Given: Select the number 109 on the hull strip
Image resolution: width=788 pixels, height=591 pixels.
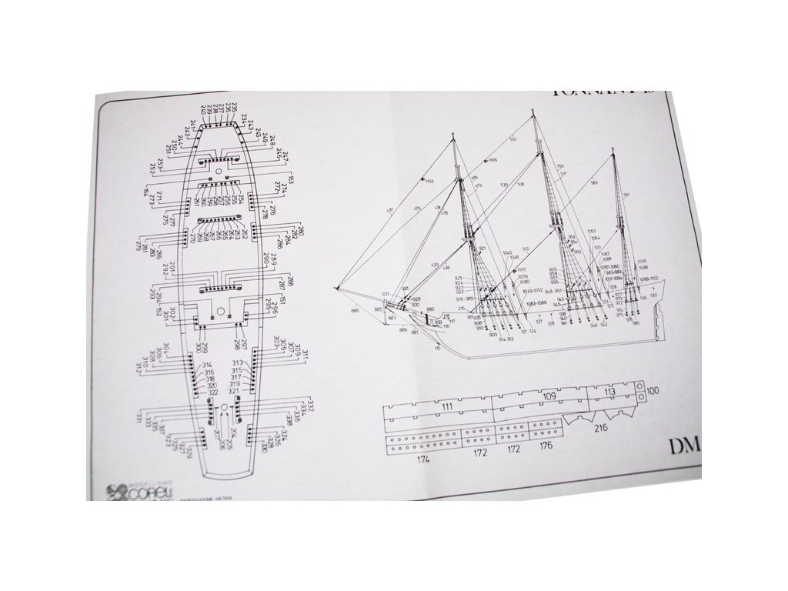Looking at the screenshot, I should coord(549,397).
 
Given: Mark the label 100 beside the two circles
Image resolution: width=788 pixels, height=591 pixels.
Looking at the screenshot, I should coord(653,391).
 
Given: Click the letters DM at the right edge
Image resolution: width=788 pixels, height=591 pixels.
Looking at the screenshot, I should coord(683,446).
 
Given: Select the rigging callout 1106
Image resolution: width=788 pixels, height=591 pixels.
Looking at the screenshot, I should coord(492,160).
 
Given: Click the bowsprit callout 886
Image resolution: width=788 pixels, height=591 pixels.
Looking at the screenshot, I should coord(355,310).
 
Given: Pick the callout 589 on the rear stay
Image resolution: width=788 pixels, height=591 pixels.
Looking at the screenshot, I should coord(594,182).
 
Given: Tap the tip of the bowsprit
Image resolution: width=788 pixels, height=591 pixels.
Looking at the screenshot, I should coord(337,288).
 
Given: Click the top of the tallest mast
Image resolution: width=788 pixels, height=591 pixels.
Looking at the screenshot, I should coord(534,113).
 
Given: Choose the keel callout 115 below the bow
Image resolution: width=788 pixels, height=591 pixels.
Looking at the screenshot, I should coord(437,348).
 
